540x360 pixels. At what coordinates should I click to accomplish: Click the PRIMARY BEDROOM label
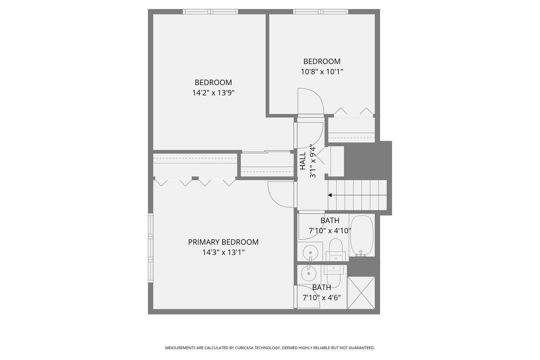pos(223,242)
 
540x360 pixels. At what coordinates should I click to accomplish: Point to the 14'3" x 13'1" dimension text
pos(223,252)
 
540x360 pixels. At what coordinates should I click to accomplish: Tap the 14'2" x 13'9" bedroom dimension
pos(213,93)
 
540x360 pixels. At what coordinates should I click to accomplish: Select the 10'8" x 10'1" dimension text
pos(322,72)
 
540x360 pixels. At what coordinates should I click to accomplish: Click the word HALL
pos(303,161)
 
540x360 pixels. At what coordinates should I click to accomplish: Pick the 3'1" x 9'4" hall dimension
pos(313,161)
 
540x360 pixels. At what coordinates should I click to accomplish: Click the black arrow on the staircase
pos(330,195)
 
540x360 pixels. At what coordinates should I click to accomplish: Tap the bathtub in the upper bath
pos(361,235)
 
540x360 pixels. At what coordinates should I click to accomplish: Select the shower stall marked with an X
pos(361,293)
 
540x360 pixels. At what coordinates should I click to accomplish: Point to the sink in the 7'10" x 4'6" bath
pos(309,274)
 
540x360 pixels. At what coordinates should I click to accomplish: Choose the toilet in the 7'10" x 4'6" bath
pos(333,275)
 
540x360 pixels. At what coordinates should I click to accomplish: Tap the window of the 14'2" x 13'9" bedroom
pos(210,12)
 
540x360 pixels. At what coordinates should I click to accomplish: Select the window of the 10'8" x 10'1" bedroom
pos(320,12)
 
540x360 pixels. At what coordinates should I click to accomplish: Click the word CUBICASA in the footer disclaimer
pos(245,348)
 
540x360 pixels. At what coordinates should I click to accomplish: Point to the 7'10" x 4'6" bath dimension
pos(321,298)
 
